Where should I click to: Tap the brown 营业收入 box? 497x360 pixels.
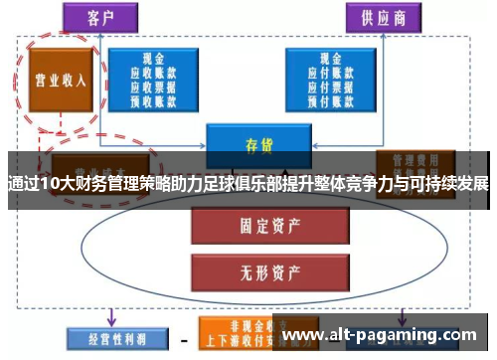pos(61,81)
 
